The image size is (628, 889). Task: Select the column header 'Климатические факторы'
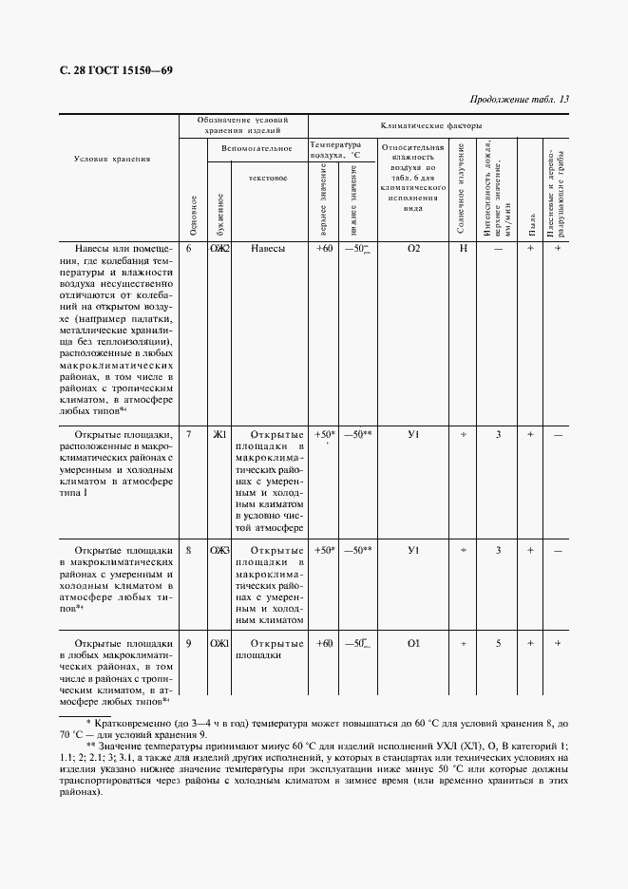[x=430, y=125]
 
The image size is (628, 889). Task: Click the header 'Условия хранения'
[x=112, y=159]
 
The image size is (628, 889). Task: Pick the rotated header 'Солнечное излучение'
[x=462, y=190]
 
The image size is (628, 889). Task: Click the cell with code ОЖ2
[x=219, y=249]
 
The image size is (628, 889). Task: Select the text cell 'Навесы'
[x=267, y=249]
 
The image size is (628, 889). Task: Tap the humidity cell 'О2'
[x=413, y=249]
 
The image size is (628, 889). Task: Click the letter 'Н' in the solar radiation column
[x=464, y=249]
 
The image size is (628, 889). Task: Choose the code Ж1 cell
[x=219, y=435]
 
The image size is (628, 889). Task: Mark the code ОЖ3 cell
[x=219, y=550]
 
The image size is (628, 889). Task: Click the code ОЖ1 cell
[x=219, y=644]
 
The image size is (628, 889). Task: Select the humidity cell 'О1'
[x=413, y=644]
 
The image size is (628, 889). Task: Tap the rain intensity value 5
[x=498, y=644]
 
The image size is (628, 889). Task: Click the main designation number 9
[x=189, y=644]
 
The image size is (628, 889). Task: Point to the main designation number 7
[x=189, y=435]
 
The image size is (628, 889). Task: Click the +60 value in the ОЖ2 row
[x=324, y=249]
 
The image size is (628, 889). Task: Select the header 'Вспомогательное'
[x=257, y=148]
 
